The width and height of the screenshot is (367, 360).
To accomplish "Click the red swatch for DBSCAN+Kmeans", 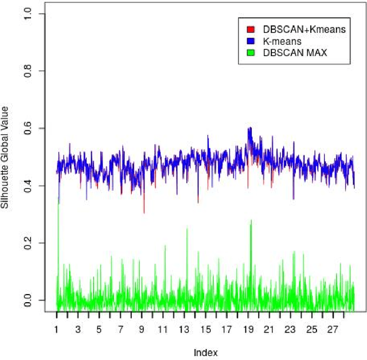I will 250,29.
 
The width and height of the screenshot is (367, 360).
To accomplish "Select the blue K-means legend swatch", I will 250,41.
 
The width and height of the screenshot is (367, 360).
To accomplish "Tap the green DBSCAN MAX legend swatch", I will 250,53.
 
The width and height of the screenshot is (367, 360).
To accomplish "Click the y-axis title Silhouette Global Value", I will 7,156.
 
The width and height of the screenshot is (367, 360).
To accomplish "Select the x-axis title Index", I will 205,352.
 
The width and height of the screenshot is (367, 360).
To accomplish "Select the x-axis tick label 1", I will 57,330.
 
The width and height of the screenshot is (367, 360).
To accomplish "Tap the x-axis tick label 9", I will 142,330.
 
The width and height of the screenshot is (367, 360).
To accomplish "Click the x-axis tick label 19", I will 248,330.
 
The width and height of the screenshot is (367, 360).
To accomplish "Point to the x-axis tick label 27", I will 333,330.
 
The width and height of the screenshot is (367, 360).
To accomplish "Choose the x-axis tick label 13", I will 184,330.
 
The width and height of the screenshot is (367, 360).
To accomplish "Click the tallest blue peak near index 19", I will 249,128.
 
